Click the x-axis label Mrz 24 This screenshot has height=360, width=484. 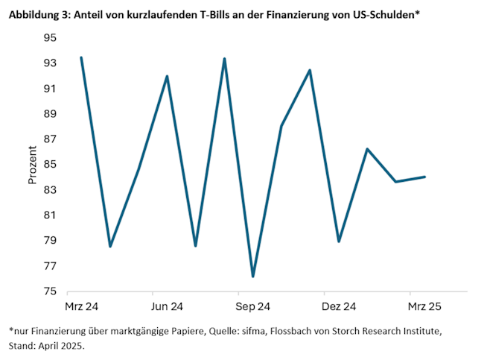pos(81,306)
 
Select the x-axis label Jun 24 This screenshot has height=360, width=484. pos(167,306)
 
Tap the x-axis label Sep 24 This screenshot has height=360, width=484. pos(253,306)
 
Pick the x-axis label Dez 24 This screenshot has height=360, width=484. pos(339,306)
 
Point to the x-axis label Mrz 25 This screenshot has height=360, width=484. pos(425,306)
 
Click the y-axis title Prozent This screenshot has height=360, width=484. pos(32,165)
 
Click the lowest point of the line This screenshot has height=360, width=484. pos(253,277)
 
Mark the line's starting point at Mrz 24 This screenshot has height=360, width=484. pos(81,57)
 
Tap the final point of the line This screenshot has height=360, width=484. pos(424,177)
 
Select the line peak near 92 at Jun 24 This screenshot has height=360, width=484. pos(167,76)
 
